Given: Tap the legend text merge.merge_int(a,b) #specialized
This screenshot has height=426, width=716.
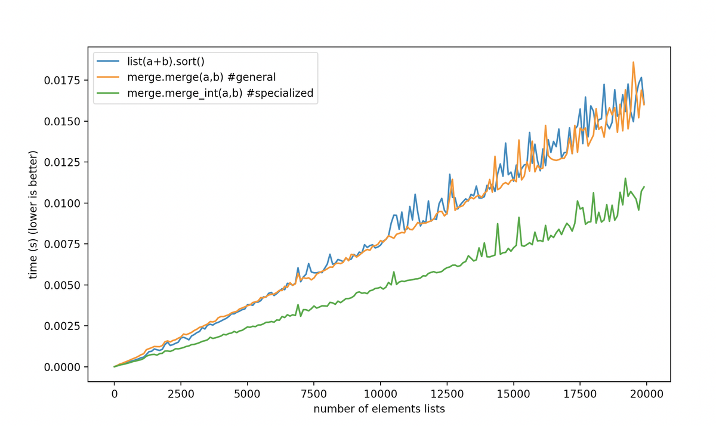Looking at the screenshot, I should point(220,93).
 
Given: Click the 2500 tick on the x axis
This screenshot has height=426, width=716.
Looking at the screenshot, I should point(181,393).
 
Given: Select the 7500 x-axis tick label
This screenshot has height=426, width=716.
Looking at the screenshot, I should point(314,393).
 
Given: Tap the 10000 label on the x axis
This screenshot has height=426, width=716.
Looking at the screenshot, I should point(381,393).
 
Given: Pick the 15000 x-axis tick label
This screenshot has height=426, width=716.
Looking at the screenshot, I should point(514,393).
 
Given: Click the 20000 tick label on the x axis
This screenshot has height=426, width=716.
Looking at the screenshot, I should point(647,393).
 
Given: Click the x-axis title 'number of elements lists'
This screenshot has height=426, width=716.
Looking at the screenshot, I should point(379,409).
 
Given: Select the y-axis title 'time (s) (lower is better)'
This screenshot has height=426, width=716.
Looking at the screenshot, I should point(35,215).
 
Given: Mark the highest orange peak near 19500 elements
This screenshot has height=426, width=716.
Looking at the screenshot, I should point(633,62).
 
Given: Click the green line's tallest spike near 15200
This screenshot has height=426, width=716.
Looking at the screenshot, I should point(519,217).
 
